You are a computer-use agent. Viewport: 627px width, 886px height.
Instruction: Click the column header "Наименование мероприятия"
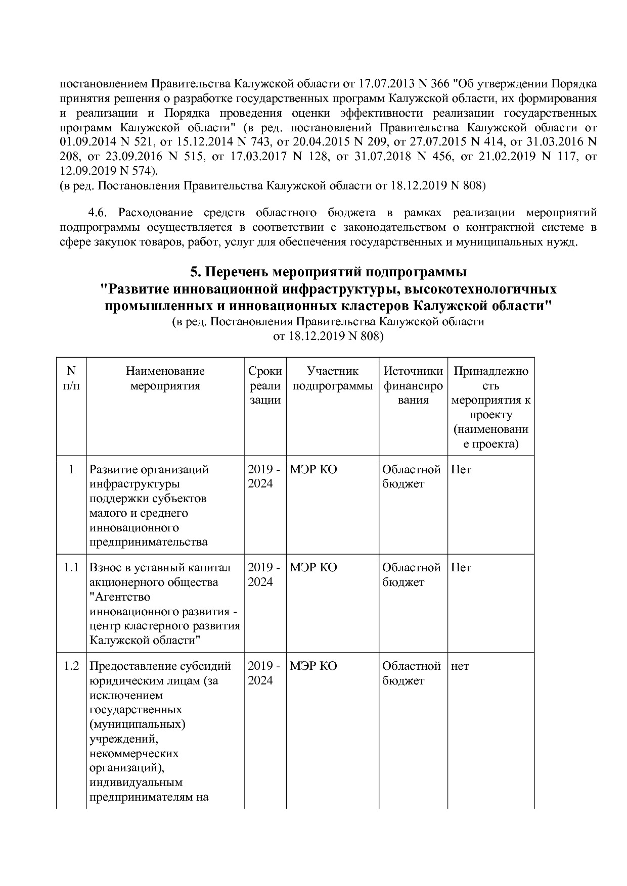point(165,378)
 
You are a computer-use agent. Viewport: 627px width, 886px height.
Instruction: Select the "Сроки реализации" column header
point(265,385)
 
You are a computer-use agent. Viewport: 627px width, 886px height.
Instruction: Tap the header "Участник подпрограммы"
point(332,378)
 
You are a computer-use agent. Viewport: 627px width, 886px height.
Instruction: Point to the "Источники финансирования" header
point(413,385)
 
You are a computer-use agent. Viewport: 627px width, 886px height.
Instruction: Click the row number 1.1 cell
point(71,567)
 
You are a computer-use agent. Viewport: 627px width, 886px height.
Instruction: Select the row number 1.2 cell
point(71,666)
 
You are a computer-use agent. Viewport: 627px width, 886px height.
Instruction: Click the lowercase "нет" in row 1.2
point(460,666)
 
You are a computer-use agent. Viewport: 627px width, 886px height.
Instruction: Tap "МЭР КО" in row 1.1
point(313,568)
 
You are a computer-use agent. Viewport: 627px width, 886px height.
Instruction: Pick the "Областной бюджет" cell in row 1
point(412,476)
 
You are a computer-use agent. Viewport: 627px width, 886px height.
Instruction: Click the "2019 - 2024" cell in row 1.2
point(263,673)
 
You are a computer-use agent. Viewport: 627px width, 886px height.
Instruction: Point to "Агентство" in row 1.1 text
point(121,597)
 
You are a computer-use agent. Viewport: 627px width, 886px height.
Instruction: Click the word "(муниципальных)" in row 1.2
point(137,724)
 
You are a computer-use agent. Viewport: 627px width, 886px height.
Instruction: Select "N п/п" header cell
point(71,378)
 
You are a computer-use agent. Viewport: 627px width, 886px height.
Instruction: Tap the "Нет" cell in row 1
point(461,469)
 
